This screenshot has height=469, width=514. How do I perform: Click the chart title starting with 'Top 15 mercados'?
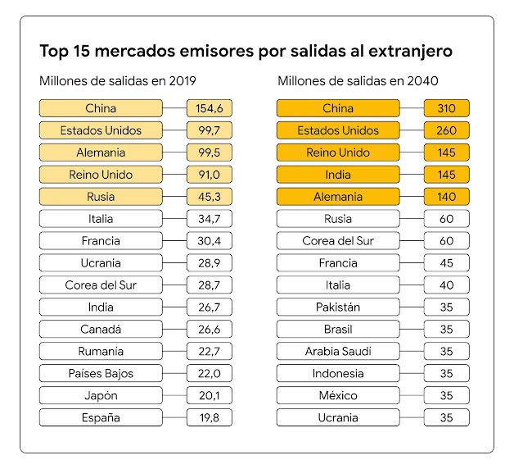click(246, 51)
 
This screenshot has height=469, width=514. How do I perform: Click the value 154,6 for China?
click(209, 108)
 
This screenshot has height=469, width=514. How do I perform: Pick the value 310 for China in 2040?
click(446, 108)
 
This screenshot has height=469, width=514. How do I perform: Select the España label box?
click(101, 417)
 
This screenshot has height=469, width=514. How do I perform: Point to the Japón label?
click(101, 395)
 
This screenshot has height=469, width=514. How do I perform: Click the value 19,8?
click(209, 417)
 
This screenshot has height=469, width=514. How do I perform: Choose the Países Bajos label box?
click(101, 373)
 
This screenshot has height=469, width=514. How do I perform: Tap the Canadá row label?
click(101, 329)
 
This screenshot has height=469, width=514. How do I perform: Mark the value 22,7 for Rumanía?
click(209, 351)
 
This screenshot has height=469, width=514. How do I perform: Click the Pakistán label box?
click(338, 307)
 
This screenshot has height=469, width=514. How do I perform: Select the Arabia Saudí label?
click(338, 351)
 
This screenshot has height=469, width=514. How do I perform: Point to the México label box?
click(338, 395)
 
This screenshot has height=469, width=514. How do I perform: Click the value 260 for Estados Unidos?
click(446, 130)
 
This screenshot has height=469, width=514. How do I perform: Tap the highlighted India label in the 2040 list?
click(338, 175)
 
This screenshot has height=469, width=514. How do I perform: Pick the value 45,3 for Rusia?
click(209, 197)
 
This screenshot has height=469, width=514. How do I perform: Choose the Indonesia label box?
click(338, 373)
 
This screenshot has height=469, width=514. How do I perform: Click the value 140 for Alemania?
click(446, 197)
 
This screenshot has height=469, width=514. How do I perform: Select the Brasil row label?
click(338, 329)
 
